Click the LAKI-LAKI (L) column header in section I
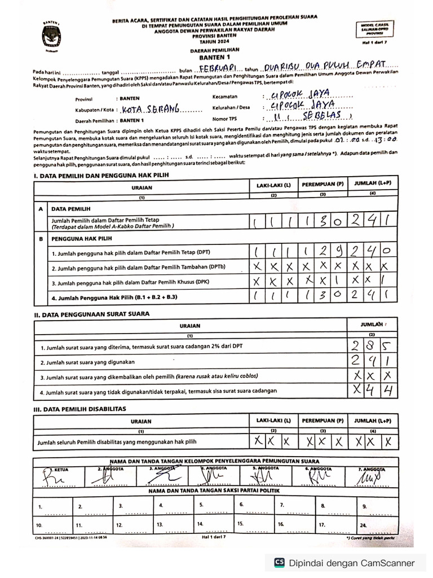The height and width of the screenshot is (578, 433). (x=273, y=185)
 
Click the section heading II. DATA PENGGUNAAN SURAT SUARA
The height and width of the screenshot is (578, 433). (x=92, y=313)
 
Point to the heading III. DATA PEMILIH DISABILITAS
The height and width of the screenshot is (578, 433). (x=80, y=409)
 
